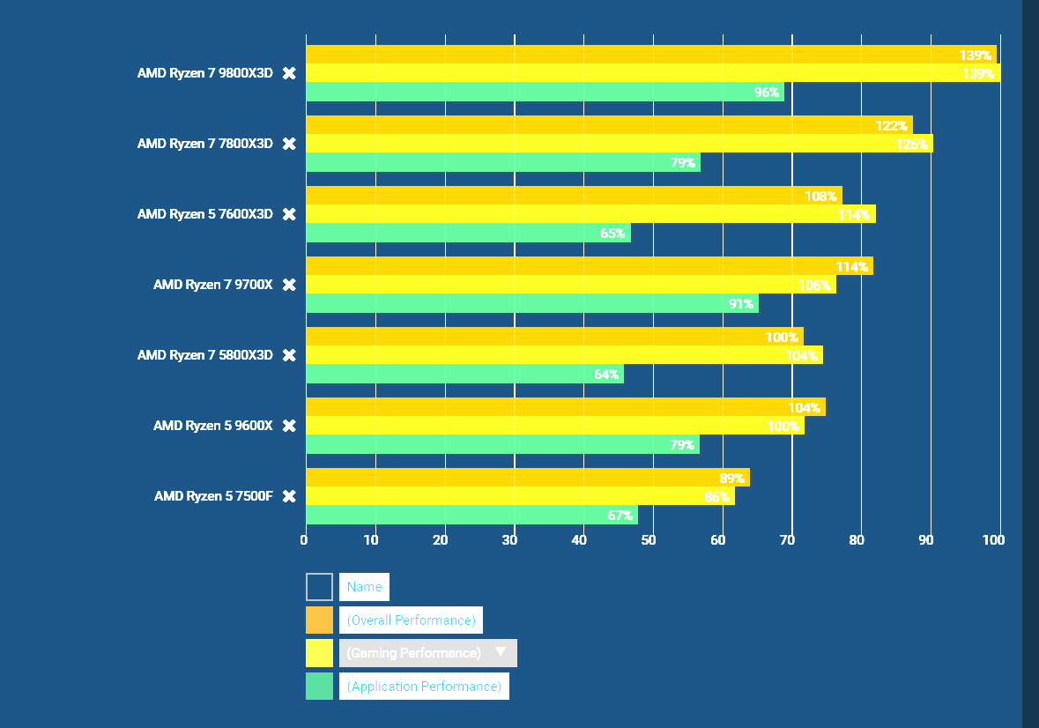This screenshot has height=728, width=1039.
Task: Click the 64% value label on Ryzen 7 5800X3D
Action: click(x=606, y=375)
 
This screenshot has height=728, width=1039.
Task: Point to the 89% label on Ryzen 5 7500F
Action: click(x=731, y=479)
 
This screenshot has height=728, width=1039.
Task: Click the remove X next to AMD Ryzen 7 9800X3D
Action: click(x=289, y=73)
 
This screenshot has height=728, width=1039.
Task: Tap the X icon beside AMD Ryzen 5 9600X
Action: click(x=289, y=426)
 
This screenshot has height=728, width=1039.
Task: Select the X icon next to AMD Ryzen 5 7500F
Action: click(x=289, y=496)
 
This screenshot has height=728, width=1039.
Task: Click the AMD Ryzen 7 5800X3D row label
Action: click(x=204, y=355)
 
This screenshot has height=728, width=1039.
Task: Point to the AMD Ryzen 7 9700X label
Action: click(x=212, y=285)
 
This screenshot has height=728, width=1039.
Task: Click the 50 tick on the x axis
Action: click(x=649, y=540)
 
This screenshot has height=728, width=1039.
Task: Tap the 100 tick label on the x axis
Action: click(x=994, y=540)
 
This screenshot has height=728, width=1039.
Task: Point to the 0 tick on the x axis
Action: click(x=304, y=540)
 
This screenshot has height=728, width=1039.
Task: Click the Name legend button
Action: click(x=364, y=587)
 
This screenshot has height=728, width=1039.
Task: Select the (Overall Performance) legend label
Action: click(x=411, y=620)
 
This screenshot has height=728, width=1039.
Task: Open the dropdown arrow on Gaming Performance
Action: click(x=501, y=652)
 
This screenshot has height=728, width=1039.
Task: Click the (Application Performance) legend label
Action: click(x=424, y=687)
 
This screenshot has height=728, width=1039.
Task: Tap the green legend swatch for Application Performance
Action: click(x=319, y=687)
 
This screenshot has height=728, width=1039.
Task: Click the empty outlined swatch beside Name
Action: click(x=319, y=587)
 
